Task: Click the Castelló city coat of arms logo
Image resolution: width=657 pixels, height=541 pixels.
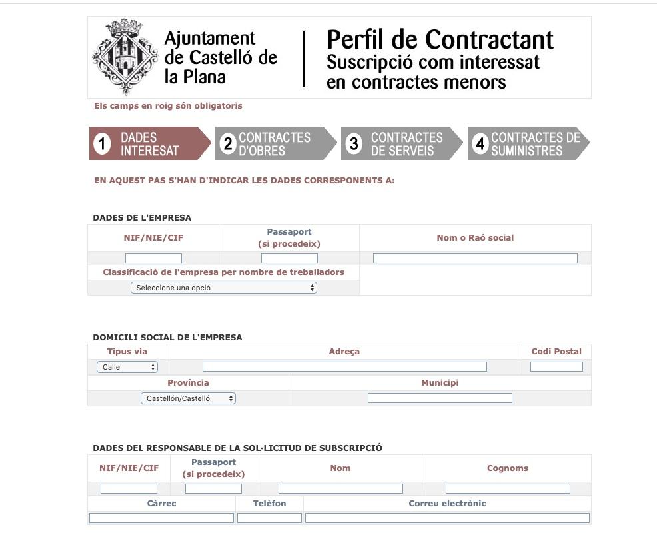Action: click(x=125, y=57)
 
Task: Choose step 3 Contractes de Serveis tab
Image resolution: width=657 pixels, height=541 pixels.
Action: click(x=400, y=144)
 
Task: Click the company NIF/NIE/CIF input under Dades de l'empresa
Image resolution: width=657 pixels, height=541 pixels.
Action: click(x=153, y=259)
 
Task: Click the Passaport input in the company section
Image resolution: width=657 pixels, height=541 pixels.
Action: click(x=289, y=259)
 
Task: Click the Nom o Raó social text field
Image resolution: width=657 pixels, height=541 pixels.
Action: click(x=475, y=259)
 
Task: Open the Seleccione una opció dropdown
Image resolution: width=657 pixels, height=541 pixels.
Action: click(x=224, y=288)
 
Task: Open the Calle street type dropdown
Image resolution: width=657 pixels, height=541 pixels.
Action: click(x=127, y=367)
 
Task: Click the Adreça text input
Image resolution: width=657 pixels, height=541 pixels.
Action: click(x=344, y=367)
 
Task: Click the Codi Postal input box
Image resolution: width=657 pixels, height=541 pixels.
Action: click(x=556, y=367)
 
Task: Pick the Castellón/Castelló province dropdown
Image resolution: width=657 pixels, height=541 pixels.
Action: click(x=188, y=398)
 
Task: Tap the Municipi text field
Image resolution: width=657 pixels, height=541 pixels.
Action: click(x=440, y=398)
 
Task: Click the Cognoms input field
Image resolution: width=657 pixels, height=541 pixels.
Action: click(x=508, y=489)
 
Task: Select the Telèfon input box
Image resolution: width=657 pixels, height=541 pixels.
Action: click(x=269, y=518)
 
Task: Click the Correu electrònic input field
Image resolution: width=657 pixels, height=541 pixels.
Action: click(x=447, y=518)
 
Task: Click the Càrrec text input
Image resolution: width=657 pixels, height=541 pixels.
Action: click(x=161, y=518)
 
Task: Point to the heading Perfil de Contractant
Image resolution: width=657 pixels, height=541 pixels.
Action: click(x=440, y=40)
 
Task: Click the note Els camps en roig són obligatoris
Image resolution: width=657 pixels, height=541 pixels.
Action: click(x=168, y=106)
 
